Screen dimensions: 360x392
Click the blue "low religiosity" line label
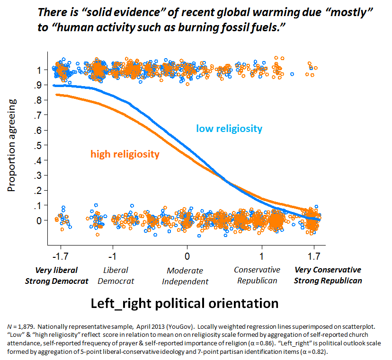(x=229, y=128)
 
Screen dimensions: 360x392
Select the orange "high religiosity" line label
(x=125, y=154)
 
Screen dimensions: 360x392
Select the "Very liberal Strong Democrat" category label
(x=57, y=275)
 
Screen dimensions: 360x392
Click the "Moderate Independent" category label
(x=185, y=276)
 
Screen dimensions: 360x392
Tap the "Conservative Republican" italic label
(x=257, y=275)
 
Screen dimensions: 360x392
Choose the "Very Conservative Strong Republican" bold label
(x=328, y=275)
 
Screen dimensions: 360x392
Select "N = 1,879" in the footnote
(x=23, y=327)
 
